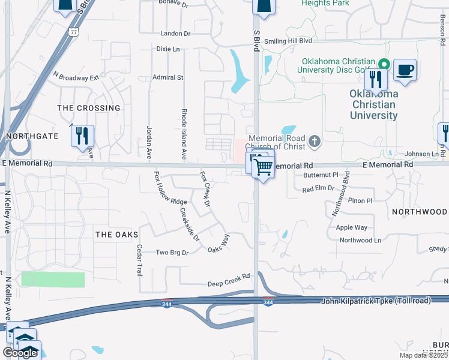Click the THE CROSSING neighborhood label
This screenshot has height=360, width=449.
88,108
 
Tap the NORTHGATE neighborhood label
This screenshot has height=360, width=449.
32,136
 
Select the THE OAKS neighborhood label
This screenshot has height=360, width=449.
116,235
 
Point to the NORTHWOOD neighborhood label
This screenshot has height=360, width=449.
419,212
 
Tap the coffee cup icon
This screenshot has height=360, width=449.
405,70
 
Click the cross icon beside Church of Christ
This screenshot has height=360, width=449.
314,142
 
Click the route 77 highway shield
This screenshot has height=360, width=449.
73,32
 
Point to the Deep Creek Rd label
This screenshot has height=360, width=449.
229,281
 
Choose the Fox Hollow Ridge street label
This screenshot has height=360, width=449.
170,188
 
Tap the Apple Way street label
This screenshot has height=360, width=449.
352,227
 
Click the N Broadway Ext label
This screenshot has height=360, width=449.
76,77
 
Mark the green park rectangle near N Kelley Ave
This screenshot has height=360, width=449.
53,279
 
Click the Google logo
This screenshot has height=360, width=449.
19,353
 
